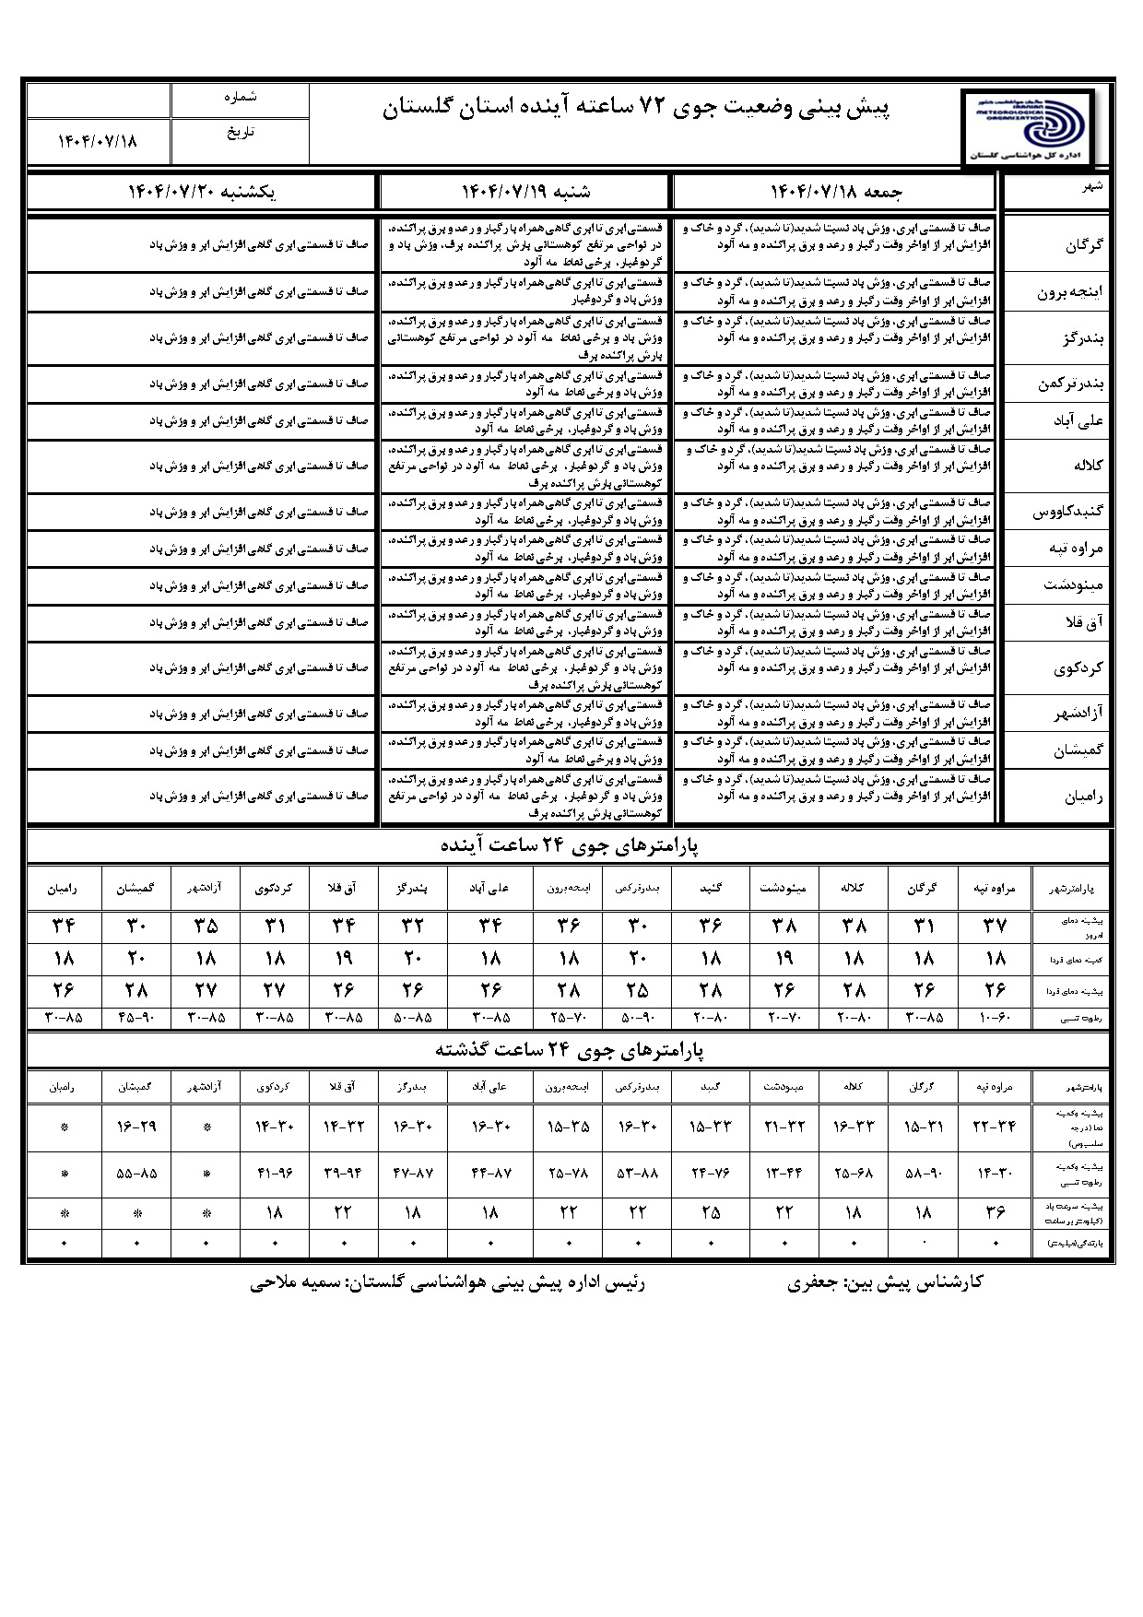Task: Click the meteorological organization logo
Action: coord(1027,125)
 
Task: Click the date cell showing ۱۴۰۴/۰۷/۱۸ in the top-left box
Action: coord(98,140)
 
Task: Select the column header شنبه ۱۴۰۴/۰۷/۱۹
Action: coord(525,192)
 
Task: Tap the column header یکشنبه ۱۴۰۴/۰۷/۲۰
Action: coord(202,192)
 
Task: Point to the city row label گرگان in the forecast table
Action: coord(1083,245)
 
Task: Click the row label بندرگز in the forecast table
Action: coord(1083,338)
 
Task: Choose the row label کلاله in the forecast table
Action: coord(1088,466)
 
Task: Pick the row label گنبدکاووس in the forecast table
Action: coord(1070,512)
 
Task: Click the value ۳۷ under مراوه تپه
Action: coord(995,926)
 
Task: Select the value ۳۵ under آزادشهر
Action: coord(206,926)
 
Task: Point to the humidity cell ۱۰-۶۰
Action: coord(995,1019)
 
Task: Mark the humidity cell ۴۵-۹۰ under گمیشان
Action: coord(136,1019)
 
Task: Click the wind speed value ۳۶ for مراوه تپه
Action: coord(995,1211)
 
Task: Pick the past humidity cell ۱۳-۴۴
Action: coord(784,1174)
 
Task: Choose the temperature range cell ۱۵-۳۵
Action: coord(569,1126)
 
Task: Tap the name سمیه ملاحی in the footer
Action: coord(293,1282)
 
